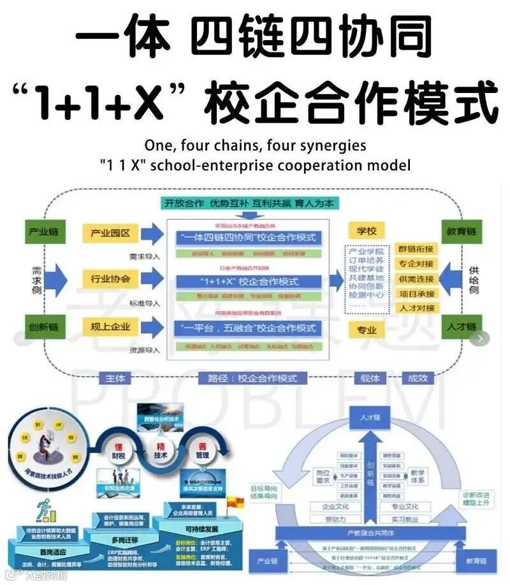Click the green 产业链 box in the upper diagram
click(45, 232)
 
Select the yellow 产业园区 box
click(106, 233)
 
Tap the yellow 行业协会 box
click(106, 278)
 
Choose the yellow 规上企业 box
click(106, 327)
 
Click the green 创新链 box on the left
click(45, 327)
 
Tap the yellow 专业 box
click(365, 329)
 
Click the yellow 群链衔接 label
click(416, 249)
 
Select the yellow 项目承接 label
click(416, 294)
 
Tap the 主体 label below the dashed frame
click(115, 379)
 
